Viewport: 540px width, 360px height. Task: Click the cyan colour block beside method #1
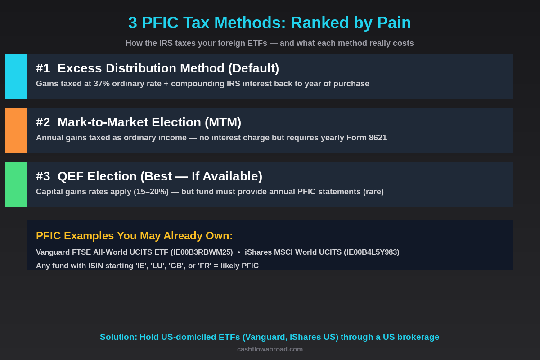16,76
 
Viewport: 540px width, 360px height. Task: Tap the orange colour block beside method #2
16,130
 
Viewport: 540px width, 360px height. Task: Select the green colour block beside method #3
16,184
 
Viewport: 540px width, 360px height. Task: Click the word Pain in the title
394,23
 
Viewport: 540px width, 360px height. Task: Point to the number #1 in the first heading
43,68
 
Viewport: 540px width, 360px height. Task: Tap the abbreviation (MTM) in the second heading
223,122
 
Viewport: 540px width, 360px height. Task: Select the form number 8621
378,138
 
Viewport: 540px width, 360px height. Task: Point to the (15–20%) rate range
151,192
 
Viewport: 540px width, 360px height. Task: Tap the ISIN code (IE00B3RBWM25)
202,252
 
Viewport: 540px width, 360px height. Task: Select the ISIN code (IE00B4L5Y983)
371,252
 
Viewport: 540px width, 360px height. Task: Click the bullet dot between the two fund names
239,252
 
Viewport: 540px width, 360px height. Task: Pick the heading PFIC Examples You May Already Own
135,236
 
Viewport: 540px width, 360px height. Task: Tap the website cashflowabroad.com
270,349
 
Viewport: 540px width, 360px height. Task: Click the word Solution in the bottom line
118,337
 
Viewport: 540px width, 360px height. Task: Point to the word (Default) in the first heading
253,68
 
